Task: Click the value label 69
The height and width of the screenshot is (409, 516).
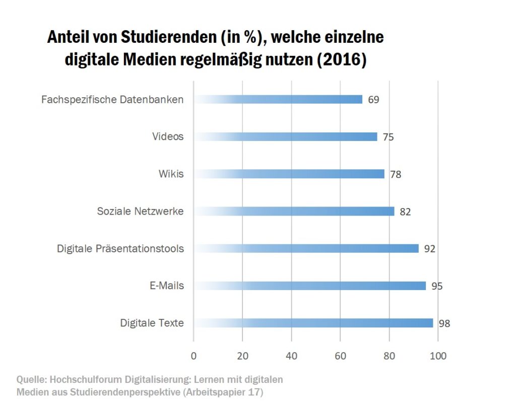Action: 373,100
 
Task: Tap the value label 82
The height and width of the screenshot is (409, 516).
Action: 405,212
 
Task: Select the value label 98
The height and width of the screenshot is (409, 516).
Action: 444,324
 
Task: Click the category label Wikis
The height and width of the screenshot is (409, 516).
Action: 171,174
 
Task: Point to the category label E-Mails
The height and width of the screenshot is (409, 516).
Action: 167,286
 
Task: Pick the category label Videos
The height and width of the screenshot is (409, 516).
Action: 168,137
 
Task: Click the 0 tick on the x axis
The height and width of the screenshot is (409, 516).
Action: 193,356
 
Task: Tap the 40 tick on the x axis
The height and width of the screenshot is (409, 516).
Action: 291,356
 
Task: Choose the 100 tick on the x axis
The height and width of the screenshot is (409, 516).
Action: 438,356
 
